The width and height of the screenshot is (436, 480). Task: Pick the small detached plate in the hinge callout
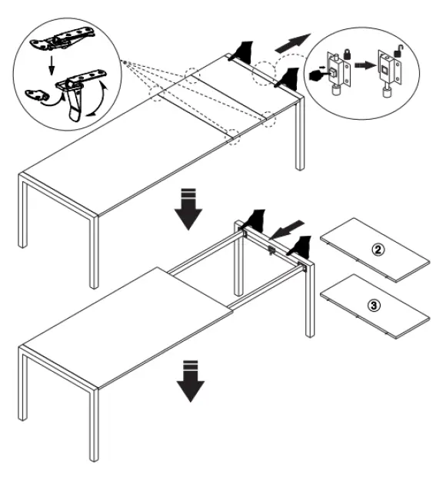point(38,94)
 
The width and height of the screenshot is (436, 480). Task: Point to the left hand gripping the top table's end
point(245,51)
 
